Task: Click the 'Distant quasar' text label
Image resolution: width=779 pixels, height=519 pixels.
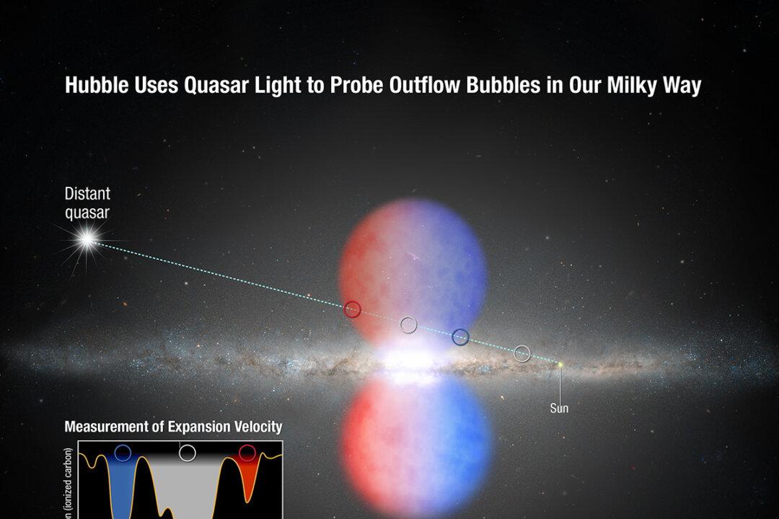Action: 87,203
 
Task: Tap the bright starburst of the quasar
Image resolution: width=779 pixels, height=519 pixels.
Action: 88,241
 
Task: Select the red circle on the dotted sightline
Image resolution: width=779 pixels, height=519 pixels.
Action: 352,309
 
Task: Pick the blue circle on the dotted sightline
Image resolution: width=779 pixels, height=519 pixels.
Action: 460,337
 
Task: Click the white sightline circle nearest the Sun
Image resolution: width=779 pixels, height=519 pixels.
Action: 522,353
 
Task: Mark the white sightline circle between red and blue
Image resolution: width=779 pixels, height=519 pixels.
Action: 408,325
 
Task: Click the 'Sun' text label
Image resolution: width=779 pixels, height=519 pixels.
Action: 559,409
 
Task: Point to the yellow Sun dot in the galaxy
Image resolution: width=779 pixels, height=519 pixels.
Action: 559,365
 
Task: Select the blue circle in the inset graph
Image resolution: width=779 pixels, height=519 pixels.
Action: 123,453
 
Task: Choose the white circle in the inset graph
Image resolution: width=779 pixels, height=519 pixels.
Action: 187,453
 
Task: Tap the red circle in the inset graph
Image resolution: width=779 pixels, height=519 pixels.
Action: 247,453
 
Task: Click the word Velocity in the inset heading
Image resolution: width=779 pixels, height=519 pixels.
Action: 256,427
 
